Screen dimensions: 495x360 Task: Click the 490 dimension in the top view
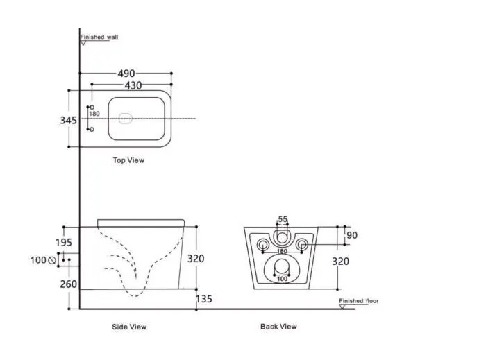tap(126, 74)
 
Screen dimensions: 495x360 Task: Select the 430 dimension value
tap(133, 85)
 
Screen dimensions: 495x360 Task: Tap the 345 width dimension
tap(68, 120)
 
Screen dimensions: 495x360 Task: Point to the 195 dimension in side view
tap(64, 242)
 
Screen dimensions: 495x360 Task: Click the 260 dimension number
tap(68, 284)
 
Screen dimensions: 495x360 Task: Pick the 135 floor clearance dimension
tap(204, 299)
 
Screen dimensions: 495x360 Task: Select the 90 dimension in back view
tap(352, 235)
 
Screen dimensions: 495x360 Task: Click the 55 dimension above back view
tap(283, 219)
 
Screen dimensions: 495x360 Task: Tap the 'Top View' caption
tap(128, 160)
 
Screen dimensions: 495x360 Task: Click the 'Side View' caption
tap(129, 327)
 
